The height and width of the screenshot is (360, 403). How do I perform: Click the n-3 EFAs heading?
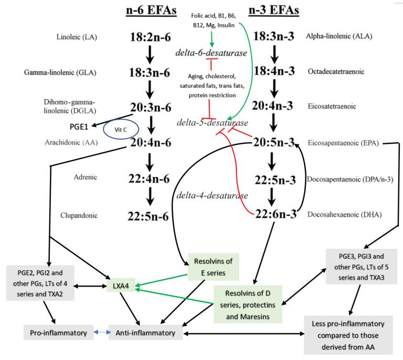coord(273,10)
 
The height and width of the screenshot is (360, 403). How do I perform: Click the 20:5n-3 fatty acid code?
coord(273,143)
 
